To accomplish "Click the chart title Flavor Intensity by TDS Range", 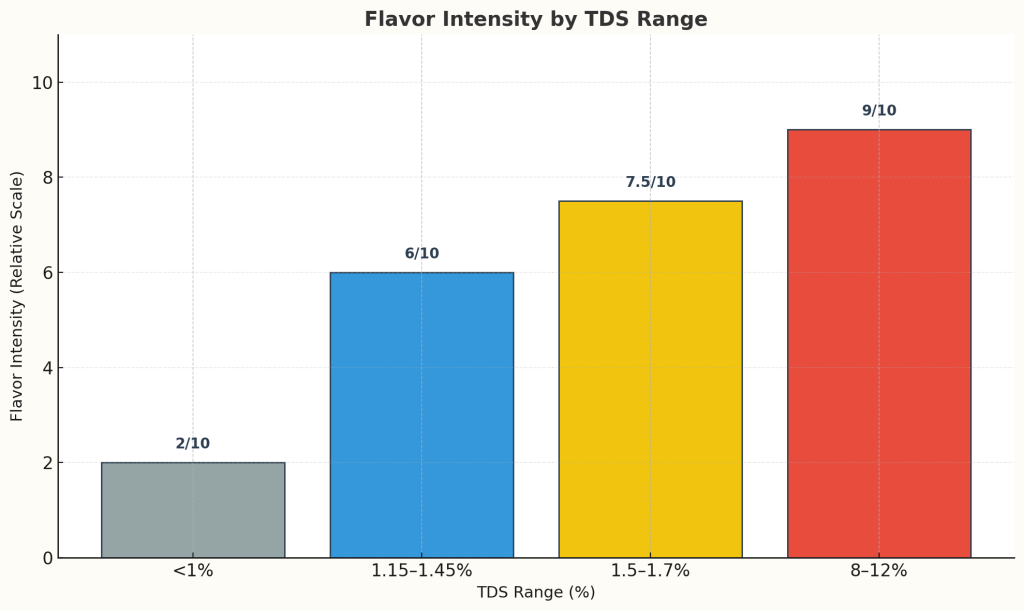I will [535, 19].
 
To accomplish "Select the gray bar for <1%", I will [193, 510].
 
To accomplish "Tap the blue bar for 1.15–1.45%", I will [421, 415].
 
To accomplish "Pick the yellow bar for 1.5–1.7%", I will [650, 379].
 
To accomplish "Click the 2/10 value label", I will [193, 444].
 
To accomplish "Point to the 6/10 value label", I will [421, 254].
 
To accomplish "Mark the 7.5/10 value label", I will [650, 182].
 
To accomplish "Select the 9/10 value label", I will [879, 111].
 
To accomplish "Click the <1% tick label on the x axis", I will [193, 571].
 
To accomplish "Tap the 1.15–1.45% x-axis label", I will [421, 571].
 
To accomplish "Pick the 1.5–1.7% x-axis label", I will [650, 571].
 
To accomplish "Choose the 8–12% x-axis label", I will [879, 571].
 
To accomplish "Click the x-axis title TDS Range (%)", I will [535, 593].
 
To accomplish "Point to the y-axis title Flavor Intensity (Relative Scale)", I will [17, 296].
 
